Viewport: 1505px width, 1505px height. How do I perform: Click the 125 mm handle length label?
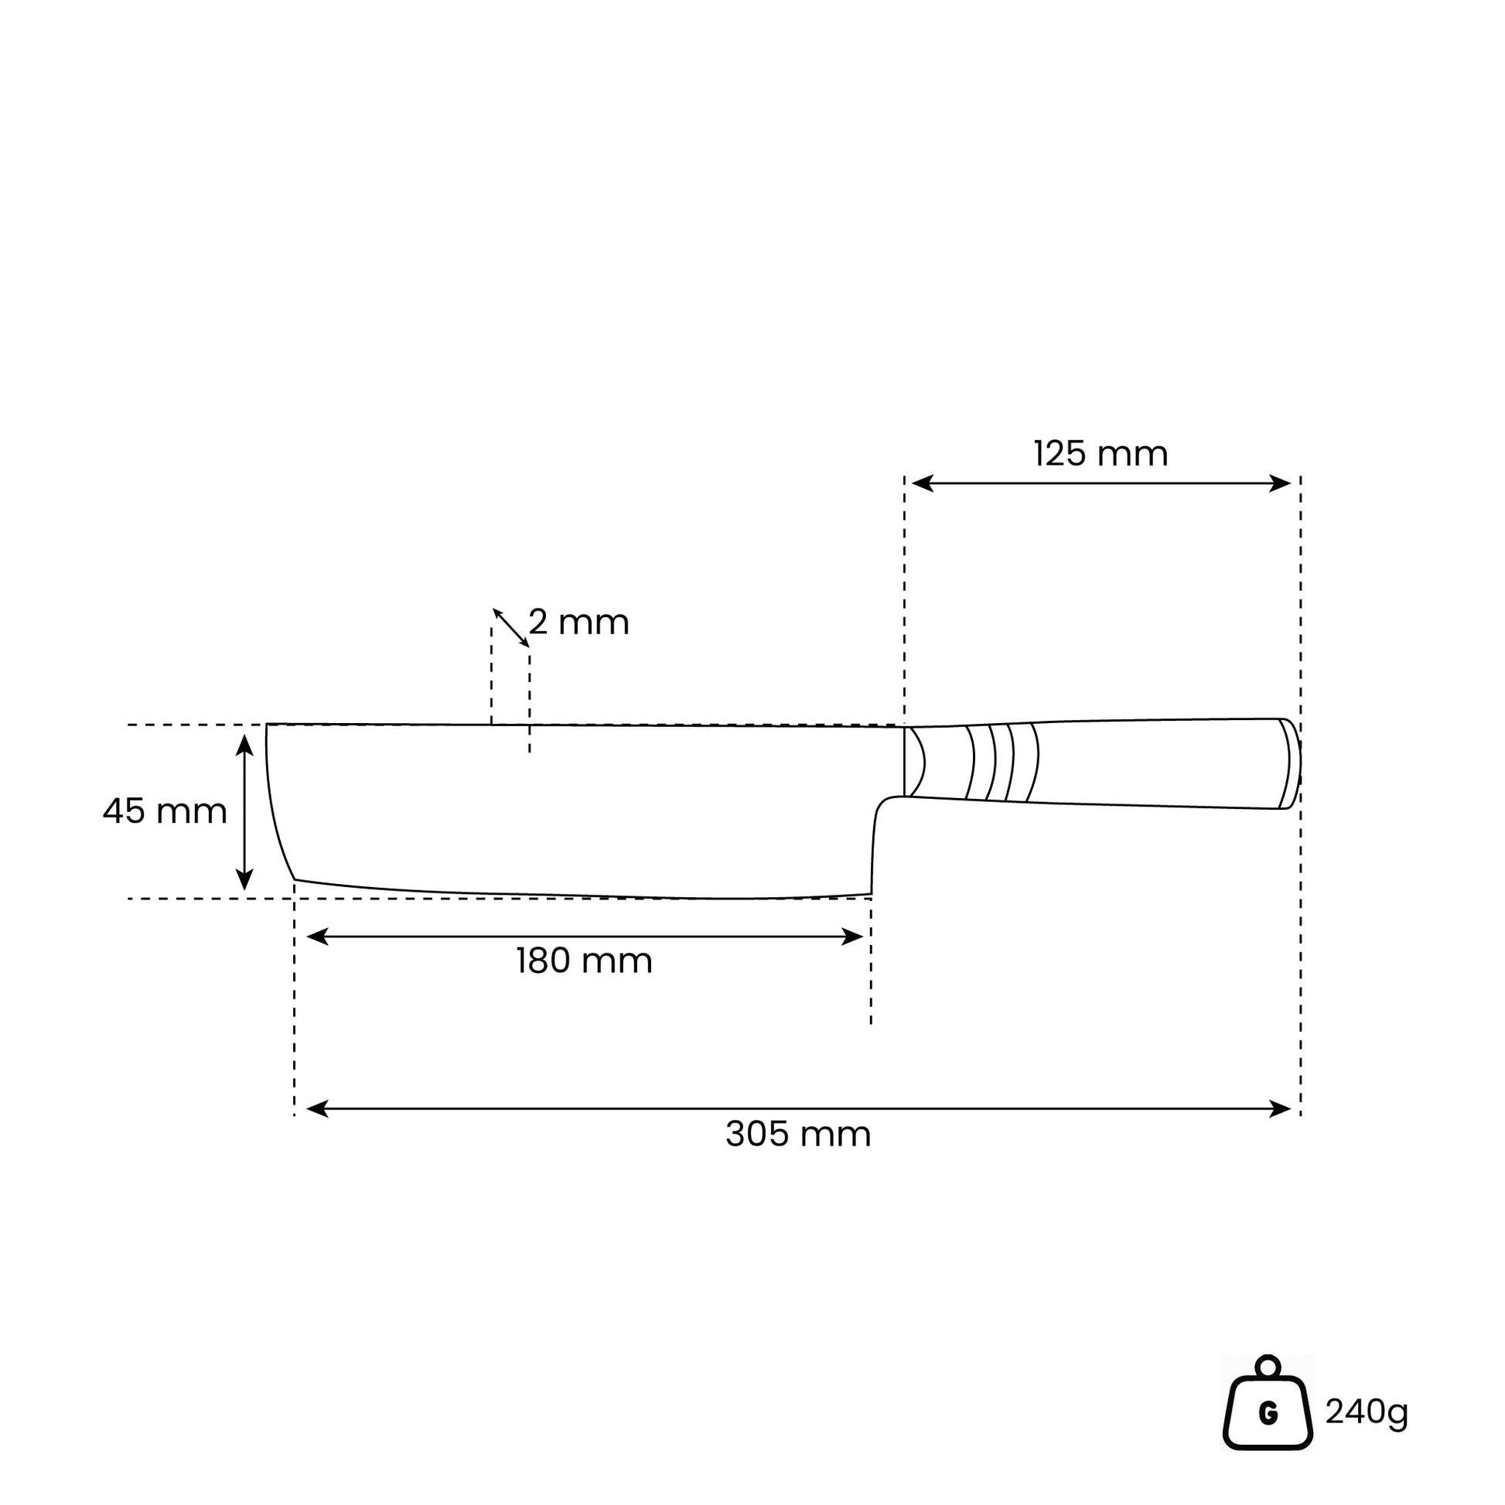click(1100, 454)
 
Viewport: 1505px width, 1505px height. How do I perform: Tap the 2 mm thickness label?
click(578, 623)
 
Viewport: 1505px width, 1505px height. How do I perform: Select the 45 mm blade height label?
click(166, 811)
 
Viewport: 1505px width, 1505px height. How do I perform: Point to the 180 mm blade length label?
click(583, 961)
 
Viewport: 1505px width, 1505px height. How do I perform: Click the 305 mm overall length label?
click(797, 1135)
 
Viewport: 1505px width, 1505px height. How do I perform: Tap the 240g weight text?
click(1367, 1411)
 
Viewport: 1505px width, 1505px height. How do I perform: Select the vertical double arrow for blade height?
click(244, 813)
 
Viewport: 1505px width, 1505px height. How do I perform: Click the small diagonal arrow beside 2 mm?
click(511, 628)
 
